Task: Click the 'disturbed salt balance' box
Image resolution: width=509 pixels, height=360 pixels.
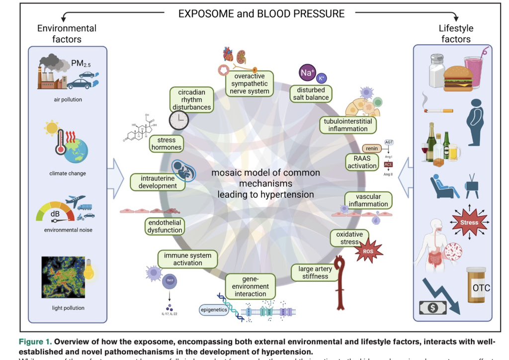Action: (312, 93)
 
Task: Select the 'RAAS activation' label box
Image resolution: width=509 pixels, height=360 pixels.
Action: (362, 163)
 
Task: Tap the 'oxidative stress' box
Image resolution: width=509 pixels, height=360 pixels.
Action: (349, 238)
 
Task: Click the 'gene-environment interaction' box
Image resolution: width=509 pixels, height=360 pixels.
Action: (251, 287)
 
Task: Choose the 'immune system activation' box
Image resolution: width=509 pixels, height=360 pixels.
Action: (187, 259)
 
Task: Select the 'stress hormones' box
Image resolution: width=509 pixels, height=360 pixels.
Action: (166, 144)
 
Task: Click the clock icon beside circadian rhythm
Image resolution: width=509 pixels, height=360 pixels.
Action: (178, 119)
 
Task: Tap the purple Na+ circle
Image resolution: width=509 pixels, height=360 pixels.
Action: (307, 73)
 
